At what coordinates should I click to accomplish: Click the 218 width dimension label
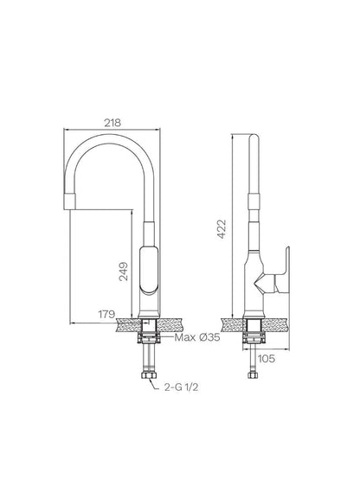click(x=112, y=123)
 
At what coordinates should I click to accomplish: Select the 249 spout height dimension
click(x=124, y=272)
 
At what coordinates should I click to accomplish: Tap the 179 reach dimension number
click(x=106, y=314)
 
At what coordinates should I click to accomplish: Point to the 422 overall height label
click(x=222, y=229)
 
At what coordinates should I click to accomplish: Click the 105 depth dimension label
click(x=267, y=359)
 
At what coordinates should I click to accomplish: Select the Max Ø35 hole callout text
click(x=197, y=337)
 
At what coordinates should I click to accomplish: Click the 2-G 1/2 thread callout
click(x=181, y=387)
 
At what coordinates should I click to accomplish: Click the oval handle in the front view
click(x=149, y=270)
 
